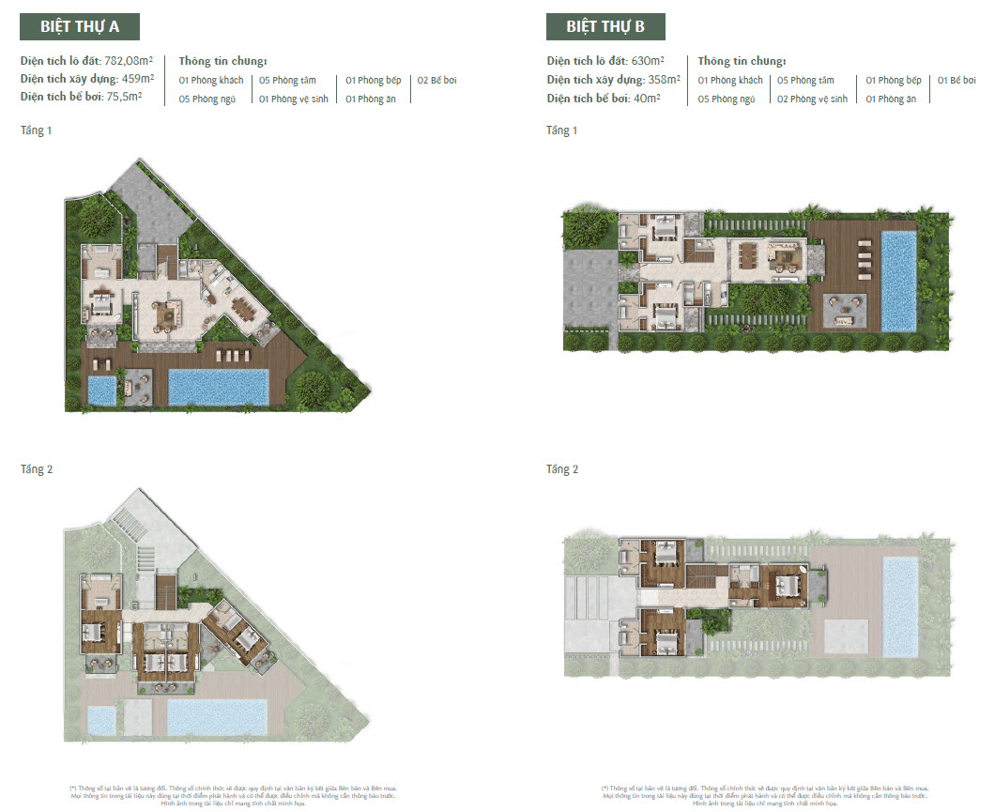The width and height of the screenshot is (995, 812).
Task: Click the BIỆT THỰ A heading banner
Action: (80, 26)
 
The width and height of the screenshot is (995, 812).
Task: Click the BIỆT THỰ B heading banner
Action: (605, 26)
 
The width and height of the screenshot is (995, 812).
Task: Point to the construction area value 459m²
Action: (137, 80)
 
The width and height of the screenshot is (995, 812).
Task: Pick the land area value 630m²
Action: (646, 61)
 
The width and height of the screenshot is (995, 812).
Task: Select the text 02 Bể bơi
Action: (437, 81)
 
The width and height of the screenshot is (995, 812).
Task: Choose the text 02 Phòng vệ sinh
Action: (812, 100)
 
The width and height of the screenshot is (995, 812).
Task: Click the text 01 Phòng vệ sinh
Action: (294, 100)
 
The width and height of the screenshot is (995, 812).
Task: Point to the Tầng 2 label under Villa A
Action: (37, 468)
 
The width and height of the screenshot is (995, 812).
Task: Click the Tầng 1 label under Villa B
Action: (562, 130)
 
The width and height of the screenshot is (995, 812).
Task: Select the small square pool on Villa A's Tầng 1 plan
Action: (101, 390)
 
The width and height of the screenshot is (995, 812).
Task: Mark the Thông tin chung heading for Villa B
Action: (742, 61)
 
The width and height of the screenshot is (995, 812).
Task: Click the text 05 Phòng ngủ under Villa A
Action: (211, 100)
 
